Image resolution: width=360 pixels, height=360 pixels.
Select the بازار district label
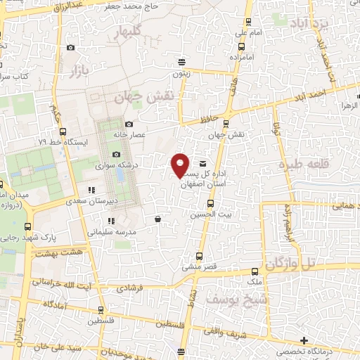click(x=83, y=69)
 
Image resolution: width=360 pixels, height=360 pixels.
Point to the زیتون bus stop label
click(x=181, y=73)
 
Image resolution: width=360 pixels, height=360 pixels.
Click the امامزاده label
click(x=251, y=56)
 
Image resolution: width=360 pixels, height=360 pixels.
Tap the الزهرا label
click(x=349, y=105)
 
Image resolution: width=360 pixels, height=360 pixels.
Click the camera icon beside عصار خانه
click(x=129, y=124)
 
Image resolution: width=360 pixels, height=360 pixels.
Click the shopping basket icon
click(x=157, y=219)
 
